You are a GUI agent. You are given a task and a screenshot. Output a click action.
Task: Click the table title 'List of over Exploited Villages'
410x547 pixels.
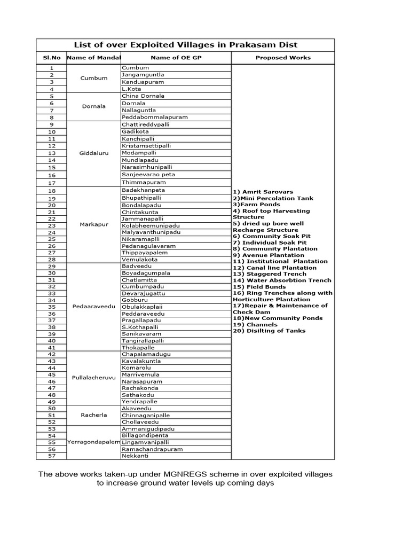(185, 45)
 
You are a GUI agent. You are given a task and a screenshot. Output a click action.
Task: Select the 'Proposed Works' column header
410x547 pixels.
(283, 58)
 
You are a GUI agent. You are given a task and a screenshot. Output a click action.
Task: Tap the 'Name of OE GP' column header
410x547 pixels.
(176, 58)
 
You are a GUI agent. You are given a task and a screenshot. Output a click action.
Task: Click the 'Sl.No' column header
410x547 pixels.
(51, 58)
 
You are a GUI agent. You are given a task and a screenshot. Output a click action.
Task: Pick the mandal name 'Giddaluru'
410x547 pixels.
(94, 153)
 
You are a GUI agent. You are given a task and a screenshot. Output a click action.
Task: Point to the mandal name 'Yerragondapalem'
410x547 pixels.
(94, 442)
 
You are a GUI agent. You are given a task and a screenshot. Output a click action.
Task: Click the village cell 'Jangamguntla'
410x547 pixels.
(143, 75)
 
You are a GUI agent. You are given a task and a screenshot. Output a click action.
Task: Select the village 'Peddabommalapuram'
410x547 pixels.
(155, 117)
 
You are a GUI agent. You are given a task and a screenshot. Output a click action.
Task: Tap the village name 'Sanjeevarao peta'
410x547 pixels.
(148, 174)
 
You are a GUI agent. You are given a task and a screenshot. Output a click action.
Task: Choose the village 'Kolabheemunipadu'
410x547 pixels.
(151, 225)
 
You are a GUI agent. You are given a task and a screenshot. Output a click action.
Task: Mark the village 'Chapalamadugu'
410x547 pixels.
(146, 354)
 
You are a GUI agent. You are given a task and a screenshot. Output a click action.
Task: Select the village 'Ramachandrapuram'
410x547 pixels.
(152, 449)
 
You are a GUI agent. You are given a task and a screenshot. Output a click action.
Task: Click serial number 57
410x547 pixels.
(52, 456)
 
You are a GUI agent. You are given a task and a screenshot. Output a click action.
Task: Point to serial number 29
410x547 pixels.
(52, 266)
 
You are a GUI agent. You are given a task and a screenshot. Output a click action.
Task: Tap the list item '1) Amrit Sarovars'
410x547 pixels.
(263, 192)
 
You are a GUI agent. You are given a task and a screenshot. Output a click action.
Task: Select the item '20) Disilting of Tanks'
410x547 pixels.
(269, 331)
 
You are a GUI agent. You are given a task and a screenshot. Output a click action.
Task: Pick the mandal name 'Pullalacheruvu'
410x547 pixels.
(94, 378)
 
